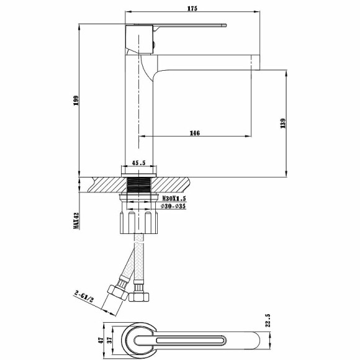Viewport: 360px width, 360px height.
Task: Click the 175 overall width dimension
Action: pos(192,8)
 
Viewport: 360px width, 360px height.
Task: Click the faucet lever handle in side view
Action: pos(186,26)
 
